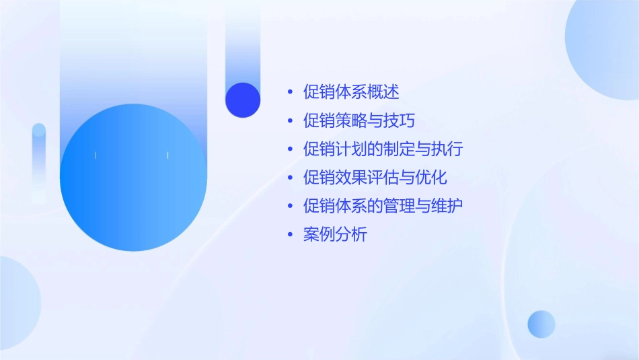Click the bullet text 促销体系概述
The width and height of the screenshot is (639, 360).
[x=352, y=92]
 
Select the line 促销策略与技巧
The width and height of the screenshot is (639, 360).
[x=359, y=120]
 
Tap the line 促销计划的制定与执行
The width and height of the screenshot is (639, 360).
[x=383, y=149]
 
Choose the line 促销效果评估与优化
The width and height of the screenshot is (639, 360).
[x=375, y=178]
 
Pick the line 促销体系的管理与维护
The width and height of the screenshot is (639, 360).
[x=383, y=206]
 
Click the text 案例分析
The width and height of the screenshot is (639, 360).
[x=335, y=235]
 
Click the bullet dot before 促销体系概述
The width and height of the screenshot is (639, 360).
[x=290, y=92]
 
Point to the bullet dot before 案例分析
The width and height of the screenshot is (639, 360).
[x=290, y=236]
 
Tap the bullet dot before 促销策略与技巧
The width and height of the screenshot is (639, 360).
[x=290, y=121]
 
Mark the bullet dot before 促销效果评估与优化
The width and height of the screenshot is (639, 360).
[x=290, y=178]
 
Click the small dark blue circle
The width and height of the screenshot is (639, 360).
[x=243, y=100]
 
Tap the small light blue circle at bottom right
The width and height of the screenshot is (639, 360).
[x=541, y=324]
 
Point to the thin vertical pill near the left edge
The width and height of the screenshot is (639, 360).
[x=39, y=161]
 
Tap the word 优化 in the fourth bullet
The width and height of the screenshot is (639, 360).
[x=431, y=178]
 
